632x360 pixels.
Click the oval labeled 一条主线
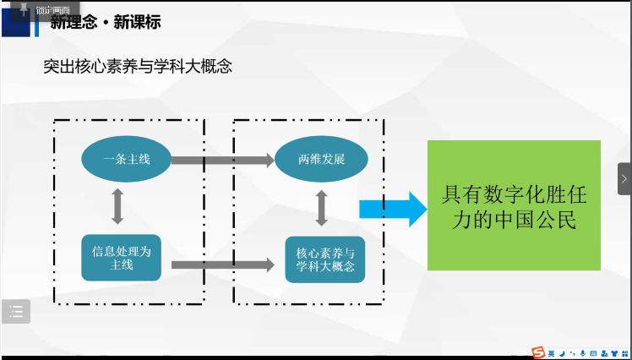tap(127, 159)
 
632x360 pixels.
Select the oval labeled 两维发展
tap(321, 159)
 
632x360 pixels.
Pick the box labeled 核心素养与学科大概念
tap(325, 259)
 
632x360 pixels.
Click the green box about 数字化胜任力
tap(514, 205)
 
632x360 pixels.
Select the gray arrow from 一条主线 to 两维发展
tap(223, 159)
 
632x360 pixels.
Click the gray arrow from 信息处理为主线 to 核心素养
tap(223, 265)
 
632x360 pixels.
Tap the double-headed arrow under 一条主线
tap(117, 205)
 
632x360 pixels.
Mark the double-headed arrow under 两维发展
tap(322, 208)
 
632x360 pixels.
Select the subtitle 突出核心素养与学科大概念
tap(138, 67)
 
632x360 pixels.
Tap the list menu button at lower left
tap(16, 312)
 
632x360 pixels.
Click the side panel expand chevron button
tap(624, 179)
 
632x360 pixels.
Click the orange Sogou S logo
tap(538, 352)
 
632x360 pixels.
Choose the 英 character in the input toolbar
tap(552, 352)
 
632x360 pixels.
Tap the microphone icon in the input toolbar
tap(583, 352)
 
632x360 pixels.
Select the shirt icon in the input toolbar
tap(614, 352)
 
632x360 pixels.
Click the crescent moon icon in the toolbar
tap(562, 352)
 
